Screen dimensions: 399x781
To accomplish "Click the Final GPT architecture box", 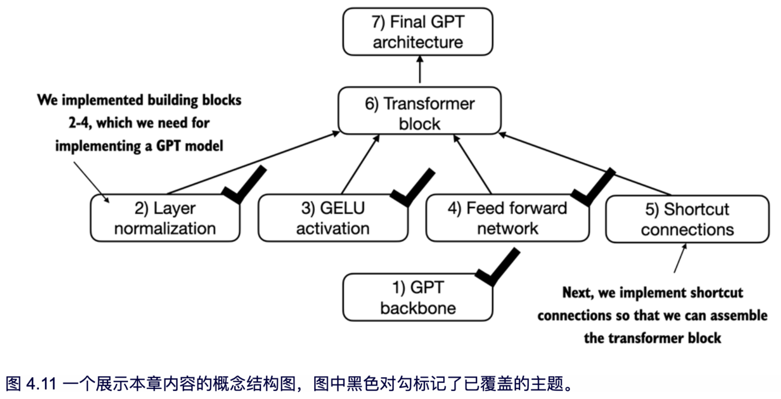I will click(418, 32).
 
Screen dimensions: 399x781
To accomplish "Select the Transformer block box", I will click(419, 111).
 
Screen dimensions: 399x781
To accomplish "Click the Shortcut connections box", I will click(687, 219).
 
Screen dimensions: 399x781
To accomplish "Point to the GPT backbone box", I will click(418, 297).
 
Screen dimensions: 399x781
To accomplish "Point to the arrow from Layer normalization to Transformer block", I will click(252, 163).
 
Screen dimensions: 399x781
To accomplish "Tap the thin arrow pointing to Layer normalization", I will click(91, 182).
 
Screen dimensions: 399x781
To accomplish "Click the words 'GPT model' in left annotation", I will click(189, 146).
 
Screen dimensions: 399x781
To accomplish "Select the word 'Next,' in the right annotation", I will click(577, 293).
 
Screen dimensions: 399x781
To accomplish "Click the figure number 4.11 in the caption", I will click(41, 384).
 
